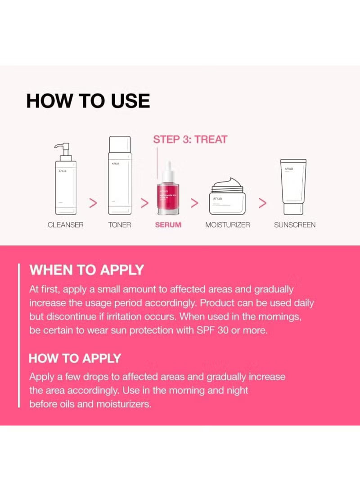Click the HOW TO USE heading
tap(88, 101)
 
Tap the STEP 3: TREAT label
tap(190, 139)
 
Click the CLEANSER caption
tap(65, 225)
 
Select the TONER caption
tap(119, 225)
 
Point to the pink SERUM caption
tap(168, 225)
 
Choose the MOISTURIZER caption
tap(228, 225)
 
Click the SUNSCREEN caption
tap(295, 225)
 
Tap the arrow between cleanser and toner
tap(94, 203)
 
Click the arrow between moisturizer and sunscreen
tap(263, 203)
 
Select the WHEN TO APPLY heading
tap(87, 270)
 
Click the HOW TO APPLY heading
tap(75, 358)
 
